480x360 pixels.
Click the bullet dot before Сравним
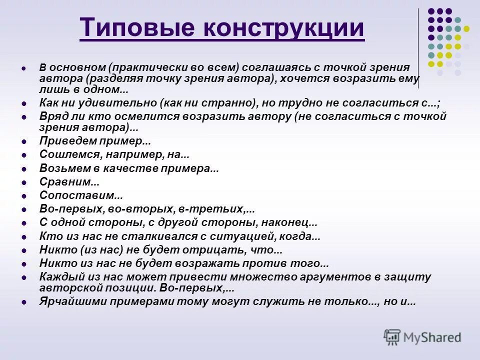pos(23,182)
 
